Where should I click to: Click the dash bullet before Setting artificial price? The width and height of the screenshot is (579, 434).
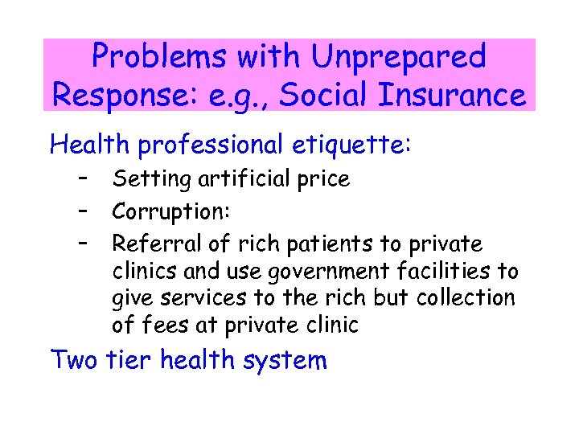83,178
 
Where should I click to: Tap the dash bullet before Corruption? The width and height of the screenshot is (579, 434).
83,211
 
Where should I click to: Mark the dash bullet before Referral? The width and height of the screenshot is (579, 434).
83,243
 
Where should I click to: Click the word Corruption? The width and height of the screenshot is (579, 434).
171,211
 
